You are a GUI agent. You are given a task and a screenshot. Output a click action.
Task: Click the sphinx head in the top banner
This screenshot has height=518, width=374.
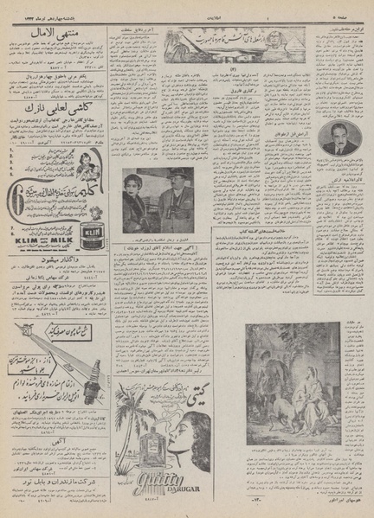coord(179,39)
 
